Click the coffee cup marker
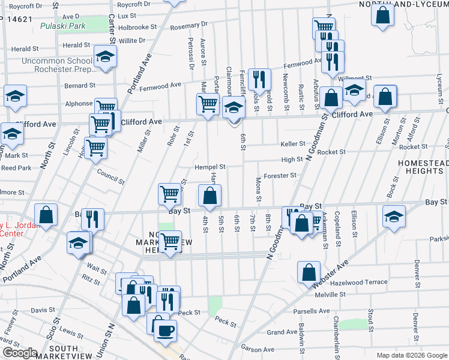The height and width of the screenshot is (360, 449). tap(165, 329)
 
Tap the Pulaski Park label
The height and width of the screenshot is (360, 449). tap(62, 26)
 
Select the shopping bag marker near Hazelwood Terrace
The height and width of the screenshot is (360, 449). tap(308, 271)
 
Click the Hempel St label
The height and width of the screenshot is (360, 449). tap(209, 167)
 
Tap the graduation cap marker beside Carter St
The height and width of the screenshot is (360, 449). tap(105, 57)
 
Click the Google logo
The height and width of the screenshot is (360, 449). tap(20, 353)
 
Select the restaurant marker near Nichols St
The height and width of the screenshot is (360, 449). tap(259, 78)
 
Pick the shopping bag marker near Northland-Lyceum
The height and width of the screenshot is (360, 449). tap(383, 14)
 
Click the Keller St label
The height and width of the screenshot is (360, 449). tap(293, 144)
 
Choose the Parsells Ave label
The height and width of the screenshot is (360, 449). tap(312, 311)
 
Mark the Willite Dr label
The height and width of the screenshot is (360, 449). tap(132, 40)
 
